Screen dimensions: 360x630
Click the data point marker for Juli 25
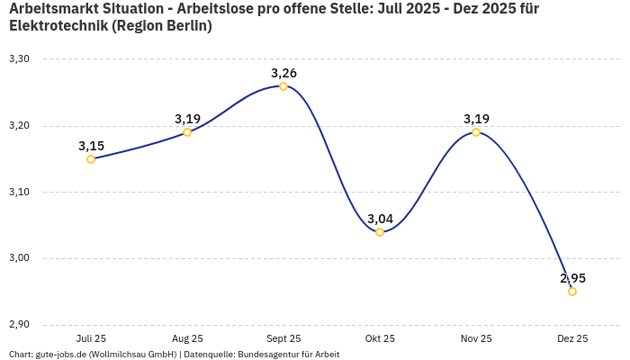(x=91, y=159)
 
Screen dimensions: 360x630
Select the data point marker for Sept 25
(x=283, y=86)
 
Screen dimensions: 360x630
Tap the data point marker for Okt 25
(x=380, y=232)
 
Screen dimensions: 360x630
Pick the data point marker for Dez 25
(x=572, y=292)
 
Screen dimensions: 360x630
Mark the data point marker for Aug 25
(x=187, y=132)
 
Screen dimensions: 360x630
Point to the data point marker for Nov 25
(x=476, y=132)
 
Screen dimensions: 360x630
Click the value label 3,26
(x=283, y=72)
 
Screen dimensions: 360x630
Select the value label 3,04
(x=380, y=219)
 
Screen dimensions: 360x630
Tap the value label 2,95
(x=572, y=278)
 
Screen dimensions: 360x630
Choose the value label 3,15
(x=91, y=146)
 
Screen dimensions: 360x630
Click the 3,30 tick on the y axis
(x=19, y=59)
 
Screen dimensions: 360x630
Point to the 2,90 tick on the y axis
(x=19, y=325)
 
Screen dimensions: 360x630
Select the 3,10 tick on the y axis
(x=19, y=193)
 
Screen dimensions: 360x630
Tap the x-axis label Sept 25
(x=283, y=339)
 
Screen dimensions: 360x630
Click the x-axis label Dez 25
(x=572, y=339)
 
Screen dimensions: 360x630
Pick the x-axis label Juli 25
(x=91, y=339)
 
